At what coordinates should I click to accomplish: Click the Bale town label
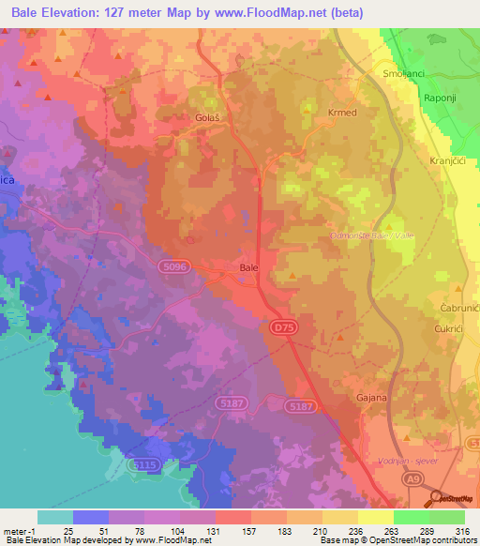(248, 268)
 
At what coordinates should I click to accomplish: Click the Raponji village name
(442, 97)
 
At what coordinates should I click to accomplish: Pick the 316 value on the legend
(459, 532)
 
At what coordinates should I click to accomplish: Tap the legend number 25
(67, 532)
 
